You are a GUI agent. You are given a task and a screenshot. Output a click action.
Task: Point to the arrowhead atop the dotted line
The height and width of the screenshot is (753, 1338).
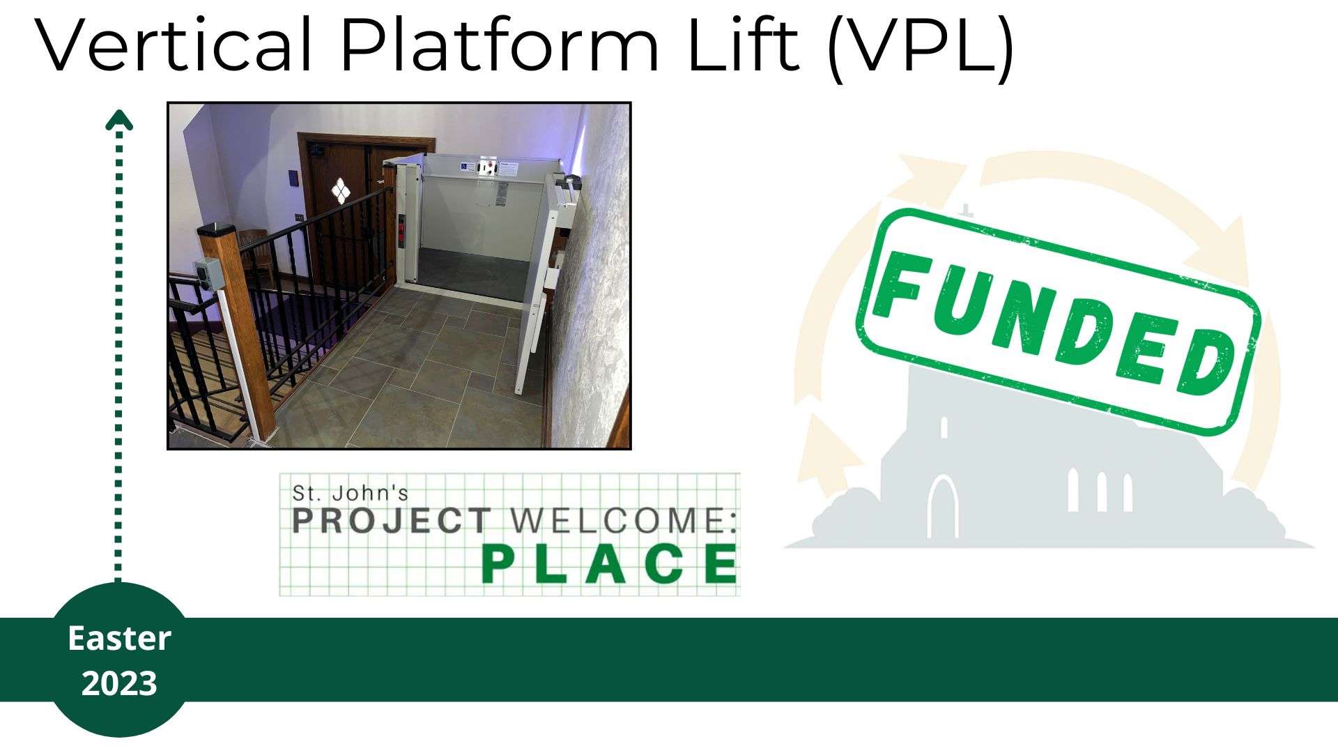click(x=118, y=120)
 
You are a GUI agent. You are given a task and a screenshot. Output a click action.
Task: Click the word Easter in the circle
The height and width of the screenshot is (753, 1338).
click(x=119, y=639)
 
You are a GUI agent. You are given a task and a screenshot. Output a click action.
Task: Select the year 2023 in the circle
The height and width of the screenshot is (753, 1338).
click(x=119, y=683)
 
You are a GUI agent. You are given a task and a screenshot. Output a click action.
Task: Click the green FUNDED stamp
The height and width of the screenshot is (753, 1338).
click(x=1058, y=321)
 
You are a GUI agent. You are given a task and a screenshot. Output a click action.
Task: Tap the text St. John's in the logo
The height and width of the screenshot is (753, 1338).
click(x=350, y=493)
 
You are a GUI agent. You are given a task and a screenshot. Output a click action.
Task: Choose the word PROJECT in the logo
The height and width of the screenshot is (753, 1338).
click(x=392, y=521)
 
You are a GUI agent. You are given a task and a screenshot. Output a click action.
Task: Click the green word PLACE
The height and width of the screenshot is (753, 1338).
click(x=610, y=564)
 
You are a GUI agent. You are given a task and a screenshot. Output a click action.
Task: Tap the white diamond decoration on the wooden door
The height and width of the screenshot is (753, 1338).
click(x=339, y=190)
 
